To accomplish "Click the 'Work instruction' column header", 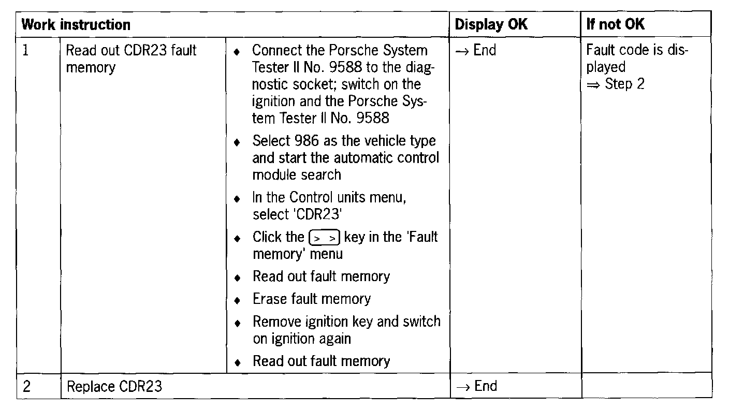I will coord(77,24).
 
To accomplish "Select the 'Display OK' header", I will coord(491,24).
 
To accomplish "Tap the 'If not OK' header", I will coord(615,24).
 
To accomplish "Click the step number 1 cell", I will coord(26,51).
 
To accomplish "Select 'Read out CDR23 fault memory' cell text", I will coord(132,59).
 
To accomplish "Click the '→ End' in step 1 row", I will coord(476,51).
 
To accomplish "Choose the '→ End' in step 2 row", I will coord(476,386).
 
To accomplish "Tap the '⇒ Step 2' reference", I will coord(616,84).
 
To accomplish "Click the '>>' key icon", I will coord(324,238).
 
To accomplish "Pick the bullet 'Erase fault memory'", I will coord(312,299).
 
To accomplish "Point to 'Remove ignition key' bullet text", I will coord(313,322).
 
